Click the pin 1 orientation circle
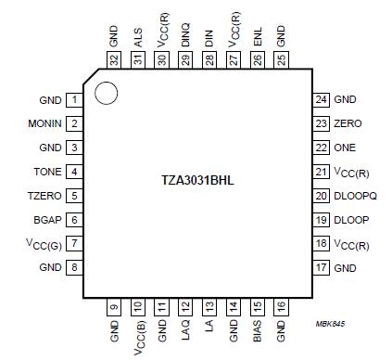[x=107, y=94]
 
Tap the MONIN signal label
[x=44, y=123]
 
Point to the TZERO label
[x=45, y=196]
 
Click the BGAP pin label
[x=46, y=220]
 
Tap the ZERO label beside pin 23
[x=348, y=123]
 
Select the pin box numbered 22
[x=321, y=148]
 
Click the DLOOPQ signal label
[x=358, y=196]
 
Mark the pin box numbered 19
[x=321, y=220]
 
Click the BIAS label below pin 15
[x=259, y=330]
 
